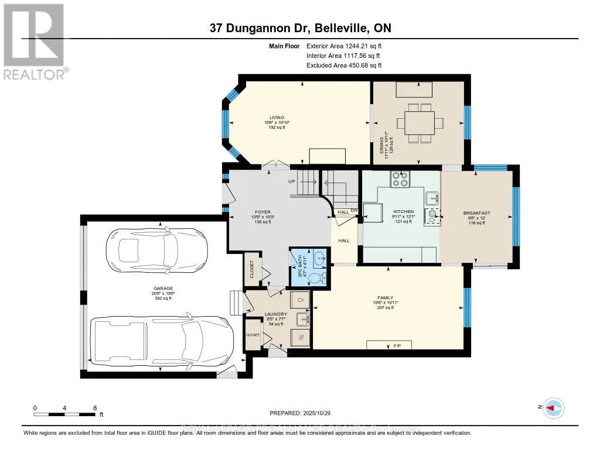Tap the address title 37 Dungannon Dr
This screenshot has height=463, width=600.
click(300, 28)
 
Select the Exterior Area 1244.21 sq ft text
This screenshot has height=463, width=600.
click(344, 46)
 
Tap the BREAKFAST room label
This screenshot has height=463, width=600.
click(476, 213)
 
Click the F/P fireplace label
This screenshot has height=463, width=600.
click(388, 346)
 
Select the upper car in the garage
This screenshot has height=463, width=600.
click(157, 251)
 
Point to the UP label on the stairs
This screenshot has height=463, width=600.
click(291, 181)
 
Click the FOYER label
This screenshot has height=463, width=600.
click(246, 212)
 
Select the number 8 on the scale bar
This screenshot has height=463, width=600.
click(95, 407)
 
